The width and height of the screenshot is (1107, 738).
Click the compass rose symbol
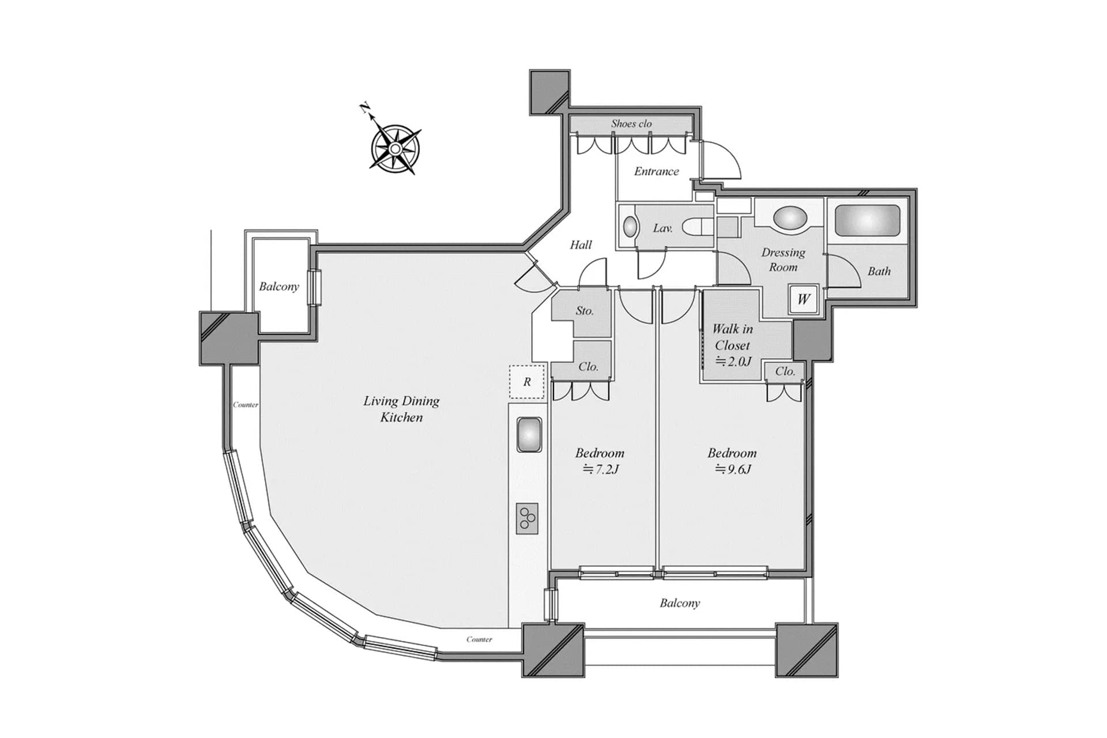coord(395,149)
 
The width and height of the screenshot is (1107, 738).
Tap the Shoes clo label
coord(631,123)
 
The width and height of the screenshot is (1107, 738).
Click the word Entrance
coord(656,171)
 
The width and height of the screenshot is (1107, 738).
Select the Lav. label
coord(662,228)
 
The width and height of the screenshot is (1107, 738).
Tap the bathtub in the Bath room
coord(867,220)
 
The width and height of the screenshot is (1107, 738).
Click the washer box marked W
coord(803,299)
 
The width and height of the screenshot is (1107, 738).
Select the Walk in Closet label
coord(732,337)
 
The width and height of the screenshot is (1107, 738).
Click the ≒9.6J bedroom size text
coord(733,469)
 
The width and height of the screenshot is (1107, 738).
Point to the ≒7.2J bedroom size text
coord(600,469)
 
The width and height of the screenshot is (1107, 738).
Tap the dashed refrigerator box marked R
coord(526,382)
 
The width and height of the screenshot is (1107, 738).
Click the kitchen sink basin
coord(529,435)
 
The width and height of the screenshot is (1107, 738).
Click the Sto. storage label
coord(584,311)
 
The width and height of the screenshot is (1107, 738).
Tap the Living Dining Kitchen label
coord(401,409)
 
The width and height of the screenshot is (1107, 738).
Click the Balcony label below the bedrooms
coord(680,603)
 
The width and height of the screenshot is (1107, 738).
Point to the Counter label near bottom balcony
coord(479,639)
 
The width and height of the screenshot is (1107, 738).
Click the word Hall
coord(581,245)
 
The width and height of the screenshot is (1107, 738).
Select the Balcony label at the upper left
coord(279,287)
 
